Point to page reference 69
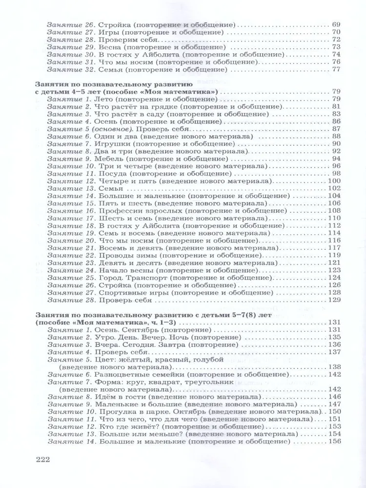335,24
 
